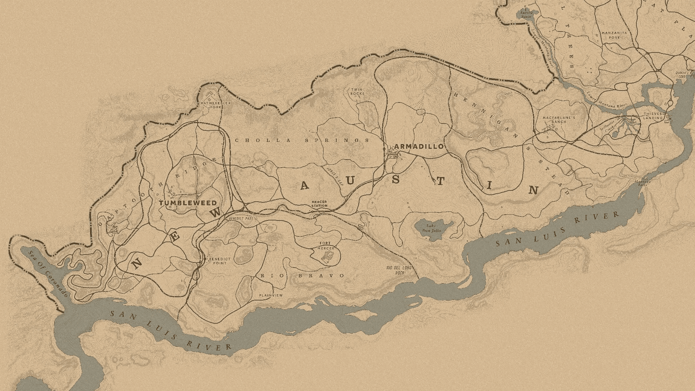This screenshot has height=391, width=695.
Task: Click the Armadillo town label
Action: tap(419, 146)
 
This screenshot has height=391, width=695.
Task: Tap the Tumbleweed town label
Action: tap(188, 203)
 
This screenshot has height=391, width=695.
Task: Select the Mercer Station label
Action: tap(319, 204)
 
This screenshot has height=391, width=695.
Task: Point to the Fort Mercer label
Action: tap(325, 246)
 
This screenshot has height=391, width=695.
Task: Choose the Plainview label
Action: tap(271, 295)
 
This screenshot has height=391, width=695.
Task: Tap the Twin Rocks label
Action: tap(357, 91)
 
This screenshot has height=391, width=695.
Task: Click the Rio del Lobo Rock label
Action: tap(399, 270)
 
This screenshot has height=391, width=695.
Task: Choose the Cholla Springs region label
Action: tap(302, 140)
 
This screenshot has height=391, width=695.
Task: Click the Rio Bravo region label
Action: tap(302, 276)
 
